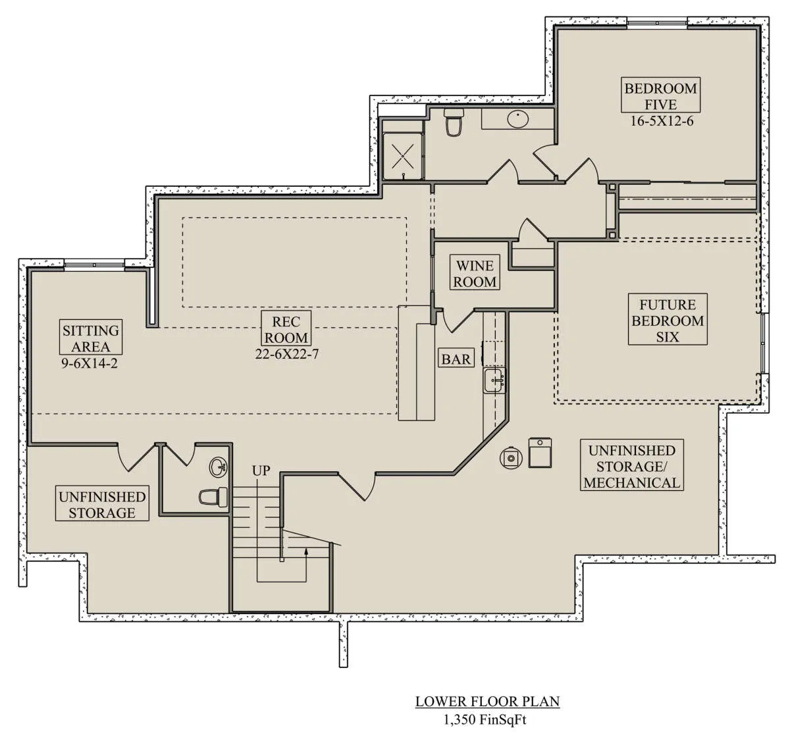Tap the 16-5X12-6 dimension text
coord(662,121)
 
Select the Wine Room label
coord(475,273)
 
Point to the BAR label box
coord(456,359)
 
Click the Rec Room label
coord(286,328)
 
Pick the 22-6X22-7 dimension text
coord(286,353)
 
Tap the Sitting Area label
coord(91,338)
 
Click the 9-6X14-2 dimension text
coord(90,363)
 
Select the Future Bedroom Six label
coord(668,320)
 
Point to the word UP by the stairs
coord(261,471)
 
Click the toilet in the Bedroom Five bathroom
coord(454,122)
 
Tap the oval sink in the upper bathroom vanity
coord(518,119)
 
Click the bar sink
coord(494,380)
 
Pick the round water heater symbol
coord(511,458)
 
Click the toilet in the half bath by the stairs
coord(213,497)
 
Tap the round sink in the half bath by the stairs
coord(219,467)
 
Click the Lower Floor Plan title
coord(487,701)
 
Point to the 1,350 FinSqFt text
coord(485,719)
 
